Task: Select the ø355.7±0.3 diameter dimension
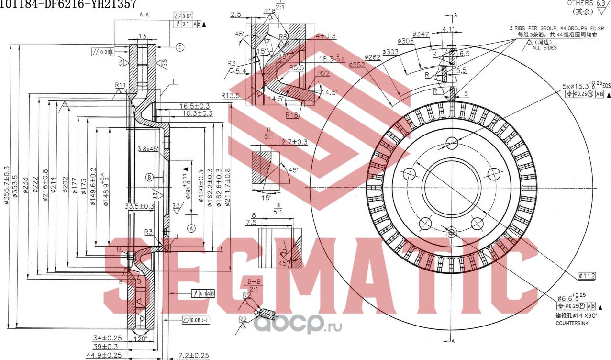coord(7,187)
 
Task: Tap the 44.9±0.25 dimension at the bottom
coord(104,355)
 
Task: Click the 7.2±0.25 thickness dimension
coord(193,355)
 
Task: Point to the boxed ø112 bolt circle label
coord(586,276)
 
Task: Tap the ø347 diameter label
coord(420,34)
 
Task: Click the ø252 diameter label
coord(356,65)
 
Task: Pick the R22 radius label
coord(324,73)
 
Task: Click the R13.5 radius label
coord(230,95)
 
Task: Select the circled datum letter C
coord(180,47)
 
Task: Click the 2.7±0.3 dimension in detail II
coord(294,142)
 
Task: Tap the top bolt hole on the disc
coord(452,143)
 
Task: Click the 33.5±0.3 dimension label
coord(139,206)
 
